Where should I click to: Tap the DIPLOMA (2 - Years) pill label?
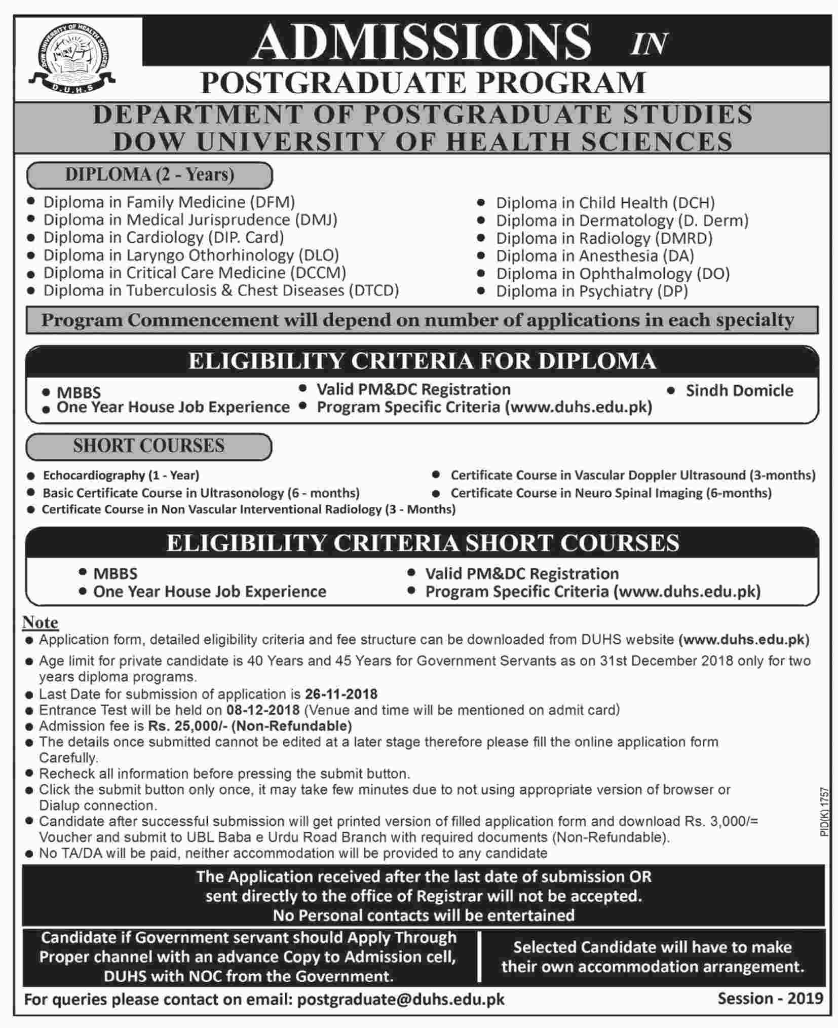point(149,175)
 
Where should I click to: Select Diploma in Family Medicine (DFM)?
point(169,202)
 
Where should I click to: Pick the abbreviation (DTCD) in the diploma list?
point(374,290)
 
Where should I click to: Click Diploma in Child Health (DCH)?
point(605,203)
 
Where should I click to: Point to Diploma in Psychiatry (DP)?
point(592,291)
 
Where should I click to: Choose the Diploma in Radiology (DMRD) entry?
point(604,238)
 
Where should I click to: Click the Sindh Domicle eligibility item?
point(739,391)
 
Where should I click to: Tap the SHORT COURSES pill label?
point(148,446)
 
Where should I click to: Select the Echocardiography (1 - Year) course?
point(121,475)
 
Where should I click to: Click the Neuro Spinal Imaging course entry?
point(611,493)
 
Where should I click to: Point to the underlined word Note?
point(41,622)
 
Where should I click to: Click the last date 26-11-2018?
point(341,694)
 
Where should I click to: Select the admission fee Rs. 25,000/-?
point(188,726)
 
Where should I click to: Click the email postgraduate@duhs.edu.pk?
point(400,1000)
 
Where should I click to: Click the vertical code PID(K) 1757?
point(824,812)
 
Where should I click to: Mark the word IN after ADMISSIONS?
point(649,44)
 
